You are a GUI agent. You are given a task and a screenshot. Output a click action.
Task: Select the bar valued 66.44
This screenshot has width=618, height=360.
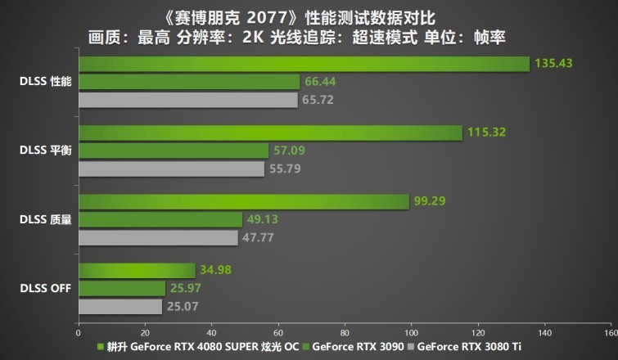(189, 82)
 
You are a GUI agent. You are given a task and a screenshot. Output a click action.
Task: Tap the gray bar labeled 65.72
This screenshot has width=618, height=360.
(187, 100)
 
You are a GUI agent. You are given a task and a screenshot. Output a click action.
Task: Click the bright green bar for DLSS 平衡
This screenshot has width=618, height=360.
(270, 133)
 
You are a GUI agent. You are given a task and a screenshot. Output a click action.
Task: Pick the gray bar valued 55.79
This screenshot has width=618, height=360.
(171, 169)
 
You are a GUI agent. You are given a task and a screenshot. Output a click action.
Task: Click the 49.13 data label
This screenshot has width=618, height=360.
(261, 219)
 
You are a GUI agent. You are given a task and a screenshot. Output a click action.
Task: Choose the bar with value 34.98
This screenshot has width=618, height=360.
(137, 270)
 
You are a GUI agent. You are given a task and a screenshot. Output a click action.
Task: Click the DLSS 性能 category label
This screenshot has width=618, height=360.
(47, 82)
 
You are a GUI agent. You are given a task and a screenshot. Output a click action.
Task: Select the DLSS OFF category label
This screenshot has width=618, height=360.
(47, 288)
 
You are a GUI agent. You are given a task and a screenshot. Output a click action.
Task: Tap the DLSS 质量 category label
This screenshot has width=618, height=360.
(47, 219)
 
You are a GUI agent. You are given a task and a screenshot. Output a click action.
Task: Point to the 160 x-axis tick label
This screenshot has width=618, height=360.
(609, 333)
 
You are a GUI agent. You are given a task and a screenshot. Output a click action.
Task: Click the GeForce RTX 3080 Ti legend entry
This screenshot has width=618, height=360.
(470, 347)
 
